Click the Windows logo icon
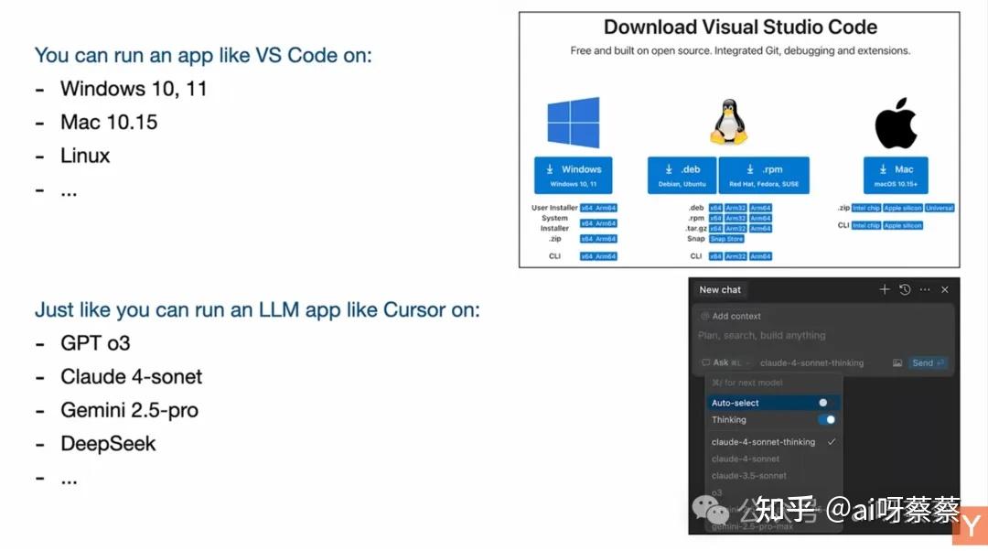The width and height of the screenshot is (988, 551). point(573,123)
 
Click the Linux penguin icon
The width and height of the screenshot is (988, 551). point(728,123)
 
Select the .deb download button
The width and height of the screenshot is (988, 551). point(682,175)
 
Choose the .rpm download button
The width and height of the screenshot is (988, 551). point(764,175)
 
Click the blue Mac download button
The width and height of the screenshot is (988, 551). point(896,175)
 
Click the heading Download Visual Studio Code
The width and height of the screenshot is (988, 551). point(740,27)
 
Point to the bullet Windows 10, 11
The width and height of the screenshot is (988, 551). point(134,89)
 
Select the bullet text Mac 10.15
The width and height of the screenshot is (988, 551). point(109,123)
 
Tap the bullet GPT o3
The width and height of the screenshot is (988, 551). point(95,343)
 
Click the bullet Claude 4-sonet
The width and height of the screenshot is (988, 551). point(131,377)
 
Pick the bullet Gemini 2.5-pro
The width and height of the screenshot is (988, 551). point(129,410)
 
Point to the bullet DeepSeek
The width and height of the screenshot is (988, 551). point(108,444)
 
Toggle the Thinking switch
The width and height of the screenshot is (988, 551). point(826,420)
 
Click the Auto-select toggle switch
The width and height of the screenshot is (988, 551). point(826,403)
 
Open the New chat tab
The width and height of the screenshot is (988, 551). point(720,290)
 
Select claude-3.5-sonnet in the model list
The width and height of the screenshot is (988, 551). point(748,476)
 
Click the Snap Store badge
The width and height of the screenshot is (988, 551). point(726,239)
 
